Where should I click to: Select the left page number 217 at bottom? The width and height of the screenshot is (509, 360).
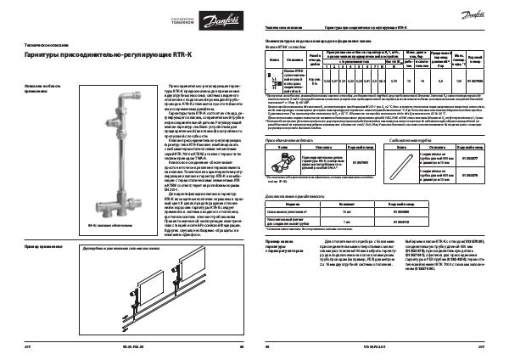coord(29,348)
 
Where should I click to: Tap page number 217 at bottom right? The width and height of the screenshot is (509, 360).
coord(482,348)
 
